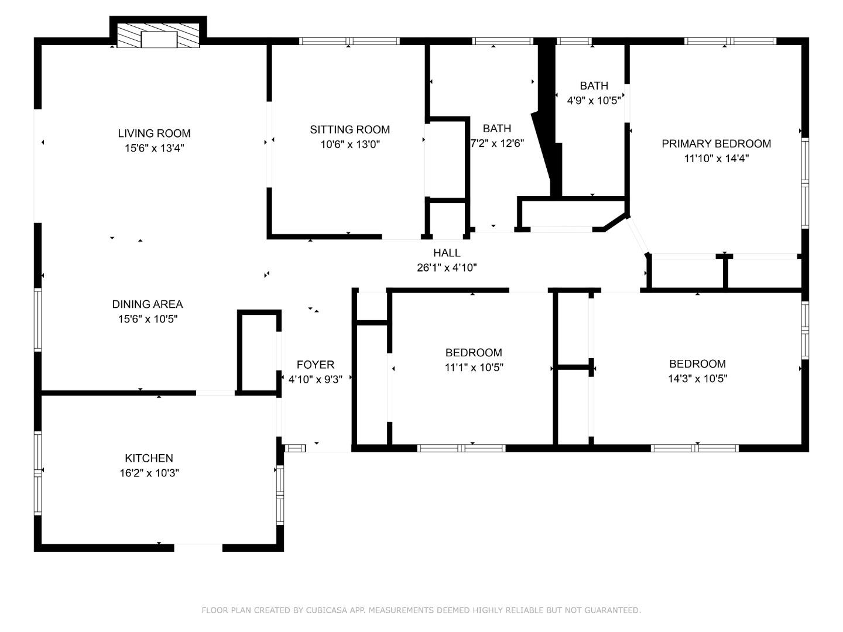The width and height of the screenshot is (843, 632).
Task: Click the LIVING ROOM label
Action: tap(154, 133)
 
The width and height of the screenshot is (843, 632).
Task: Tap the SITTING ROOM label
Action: tap(350, 129)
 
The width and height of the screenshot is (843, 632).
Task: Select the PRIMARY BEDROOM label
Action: tap(717, 143)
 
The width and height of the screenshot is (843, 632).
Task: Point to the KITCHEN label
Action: tap(149, 458)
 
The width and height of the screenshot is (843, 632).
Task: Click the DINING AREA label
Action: tap(148, 304)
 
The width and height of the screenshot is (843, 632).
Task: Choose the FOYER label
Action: tap(316, 364)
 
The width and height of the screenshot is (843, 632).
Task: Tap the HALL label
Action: tap(447, 252)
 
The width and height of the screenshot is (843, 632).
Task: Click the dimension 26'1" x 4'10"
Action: tap(447, 267)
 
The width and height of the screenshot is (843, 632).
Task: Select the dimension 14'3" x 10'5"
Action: tap(697, 379)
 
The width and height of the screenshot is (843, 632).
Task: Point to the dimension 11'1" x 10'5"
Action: tap(474, 367)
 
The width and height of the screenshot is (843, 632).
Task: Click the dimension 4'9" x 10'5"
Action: tap(594, 100)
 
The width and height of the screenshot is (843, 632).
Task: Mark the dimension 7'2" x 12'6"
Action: tap(498, 143)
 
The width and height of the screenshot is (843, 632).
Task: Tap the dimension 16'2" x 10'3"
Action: tap(149, 473)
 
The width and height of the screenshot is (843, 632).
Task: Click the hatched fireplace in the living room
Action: tap(158, 36)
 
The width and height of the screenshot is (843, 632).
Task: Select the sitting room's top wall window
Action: tap(349, 41)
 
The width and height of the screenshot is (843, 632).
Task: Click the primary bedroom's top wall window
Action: tap(730, 41)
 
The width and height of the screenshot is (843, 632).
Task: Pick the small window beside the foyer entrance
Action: tap(295, 448)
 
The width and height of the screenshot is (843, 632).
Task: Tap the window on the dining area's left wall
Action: tap(37, 320)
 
